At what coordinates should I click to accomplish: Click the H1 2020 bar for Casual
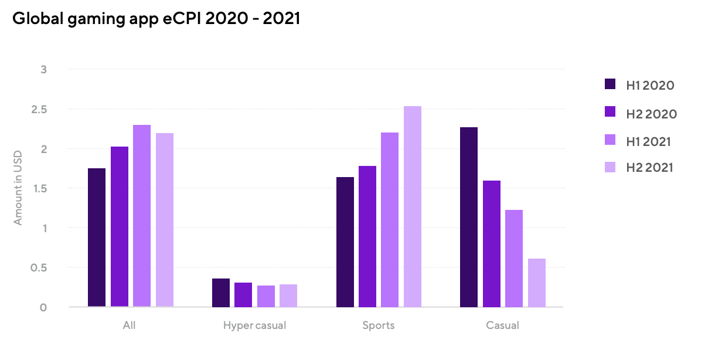[x=469, y=217]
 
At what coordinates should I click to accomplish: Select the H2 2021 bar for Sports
[x=413, y=206]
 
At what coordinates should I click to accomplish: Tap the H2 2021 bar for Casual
[x=537, y=283]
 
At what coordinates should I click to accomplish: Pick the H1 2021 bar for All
[x=142, y=216]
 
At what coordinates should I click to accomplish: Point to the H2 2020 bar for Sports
[x=367, y=236]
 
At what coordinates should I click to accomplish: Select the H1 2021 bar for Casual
[x=514, y=259]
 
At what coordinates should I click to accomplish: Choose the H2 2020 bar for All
[x=120, y=226]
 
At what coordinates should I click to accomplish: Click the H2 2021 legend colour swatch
[x=610, y=167]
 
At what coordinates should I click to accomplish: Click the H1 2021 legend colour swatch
[x=610, y=141]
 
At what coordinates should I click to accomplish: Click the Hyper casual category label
[x=254, y=325]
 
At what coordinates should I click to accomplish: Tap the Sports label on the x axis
[x=379, y=325]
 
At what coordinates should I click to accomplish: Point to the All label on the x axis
[x=130, y=325]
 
